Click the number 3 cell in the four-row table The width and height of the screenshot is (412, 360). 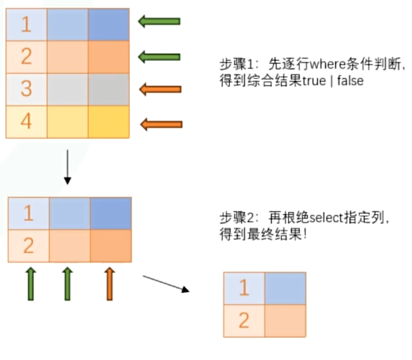coord(27,90)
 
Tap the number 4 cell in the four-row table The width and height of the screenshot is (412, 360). coord(27,122)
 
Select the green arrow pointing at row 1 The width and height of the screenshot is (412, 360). coord(159,22)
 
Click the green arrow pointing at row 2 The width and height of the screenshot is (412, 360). coord(159,56)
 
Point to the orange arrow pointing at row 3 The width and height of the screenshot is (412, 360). coord(160,89)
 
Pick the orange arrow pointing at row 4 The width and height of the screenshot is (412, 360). coord(161,124)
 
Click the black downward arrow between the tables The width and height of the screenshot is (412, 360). coord(68,167)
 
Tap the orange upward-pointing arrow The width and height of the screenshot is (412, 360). coord(110,283)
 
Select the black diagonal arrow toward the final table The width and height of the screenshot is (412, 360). coord(166,284)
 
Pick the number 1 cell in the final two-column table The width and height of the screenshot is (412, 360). coord(244,288)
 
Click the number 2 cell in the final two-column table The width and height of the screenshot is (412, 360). coord(244,320)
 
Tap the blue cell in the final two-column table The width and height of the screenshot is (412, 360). coord(285,288)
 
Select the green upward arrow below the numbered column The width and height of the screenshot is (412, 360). coord(31,283)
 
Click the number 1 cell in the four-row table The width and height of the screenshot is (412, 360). coord(27,24)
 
